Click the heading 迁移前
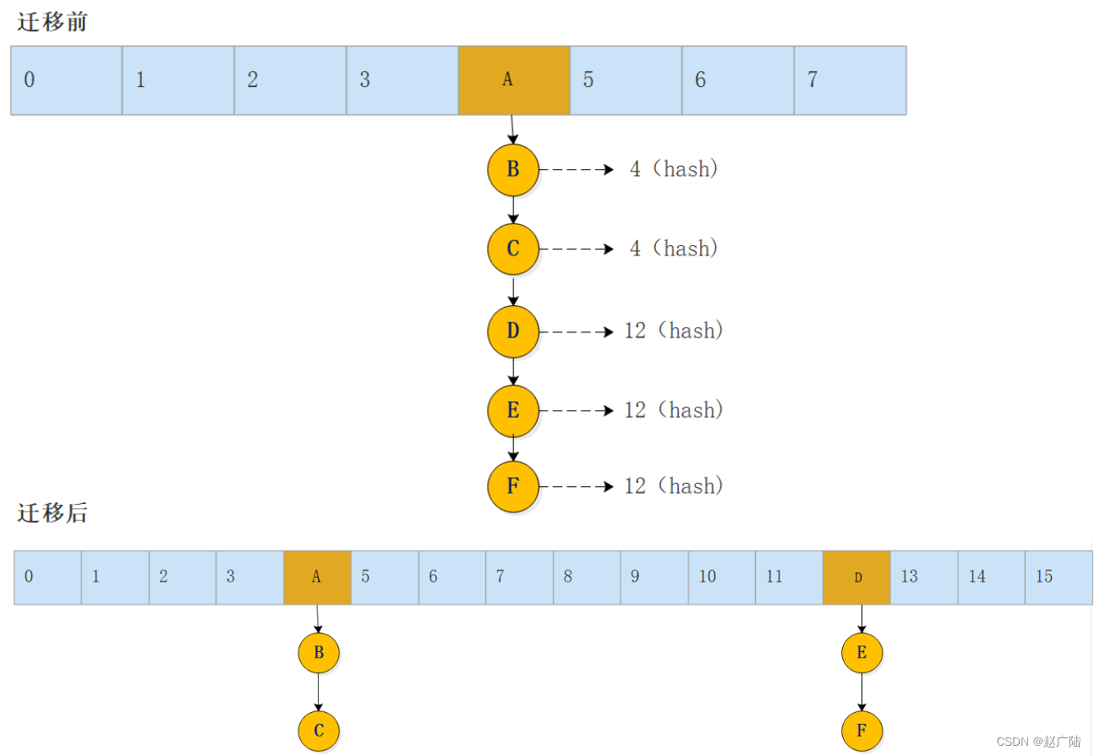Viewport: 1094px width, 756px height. click(52, 23)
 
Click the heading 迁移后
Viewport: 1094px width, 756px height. click(52, 512)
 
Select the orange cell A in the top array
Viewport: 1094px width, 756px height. click(514, 80)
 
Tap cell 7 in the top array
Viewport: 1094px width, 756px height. click(850, 80)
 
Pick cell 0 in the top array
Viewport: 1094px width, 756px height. click(66, 80)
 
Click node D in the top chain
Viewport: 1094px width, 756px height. click(513, 331)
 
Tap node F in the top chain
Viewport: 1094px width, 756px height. click(513, 487)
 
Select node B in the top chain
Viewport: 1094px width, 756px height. click(513, 169)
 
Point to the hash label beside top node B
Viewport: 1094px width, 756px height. click(674, 169)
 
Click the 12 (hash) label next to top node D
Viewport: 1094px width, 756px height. click(674, 331)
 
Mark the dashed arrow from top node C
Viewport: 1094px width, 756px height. click(577, 249)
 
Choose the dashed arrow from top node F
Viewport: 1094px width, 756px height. click(577, 486)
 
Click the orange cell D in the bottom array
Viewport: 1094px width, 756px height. click(856, 577)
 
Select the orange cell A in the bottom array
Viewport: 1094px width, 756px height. click(317, 577)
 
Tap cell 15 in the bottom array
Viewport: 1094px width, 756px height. click(1058, 577)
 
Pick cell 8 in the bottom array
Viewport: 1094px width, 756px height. click(587, 577)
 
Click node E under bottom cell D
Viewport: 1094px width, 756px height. click(862, 653)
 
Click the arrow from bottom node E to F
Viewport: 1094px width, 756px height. click(862, 692)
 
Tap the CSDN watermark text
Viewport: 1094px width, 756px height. click(1038, 741)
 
